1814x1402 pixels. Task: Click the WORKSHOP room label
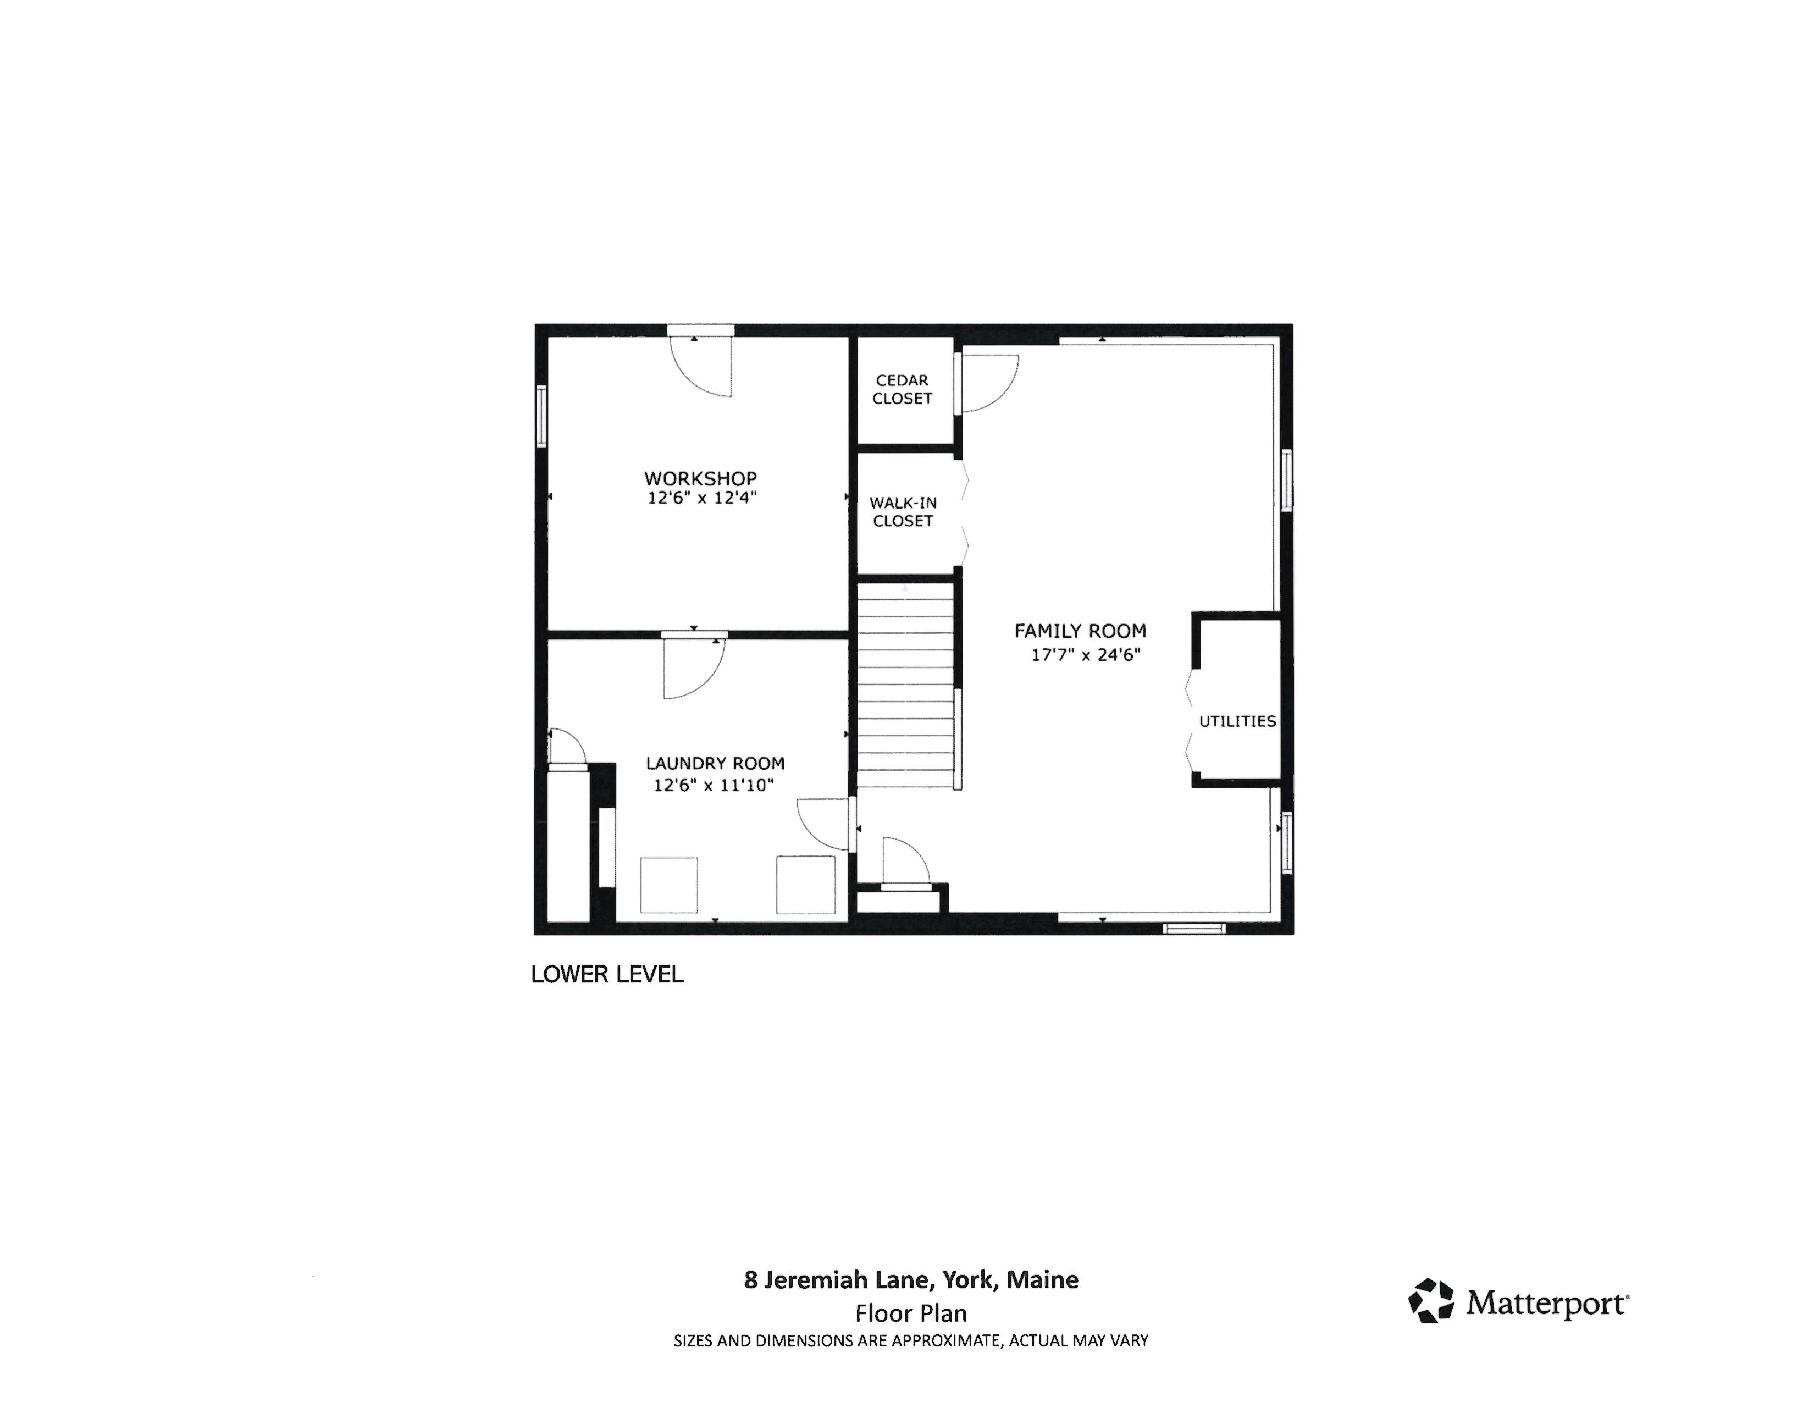[x=700, y=478]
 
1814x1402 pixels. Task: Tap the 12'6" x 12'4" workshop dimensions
[x=702, y=498]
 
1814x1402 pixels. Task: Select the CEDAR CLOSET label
[x=902, y=389]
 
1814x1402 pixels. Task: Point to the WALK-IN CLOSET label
[x=903, y=512]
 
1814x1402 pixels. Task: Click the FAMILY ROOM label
[x=1080, y=631]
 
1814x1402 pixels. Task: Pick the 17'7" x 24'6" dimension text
[x=1086, y=654]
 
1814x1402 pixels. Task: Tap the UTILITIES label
[x=1237, y=721]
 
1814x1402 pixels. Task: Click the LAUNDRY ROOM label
[x=714, y=763]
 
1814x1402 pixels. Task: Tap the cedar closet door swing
[x=988, y=383]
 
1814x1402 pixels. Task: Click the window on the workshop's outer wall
[x=541, y=415]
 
